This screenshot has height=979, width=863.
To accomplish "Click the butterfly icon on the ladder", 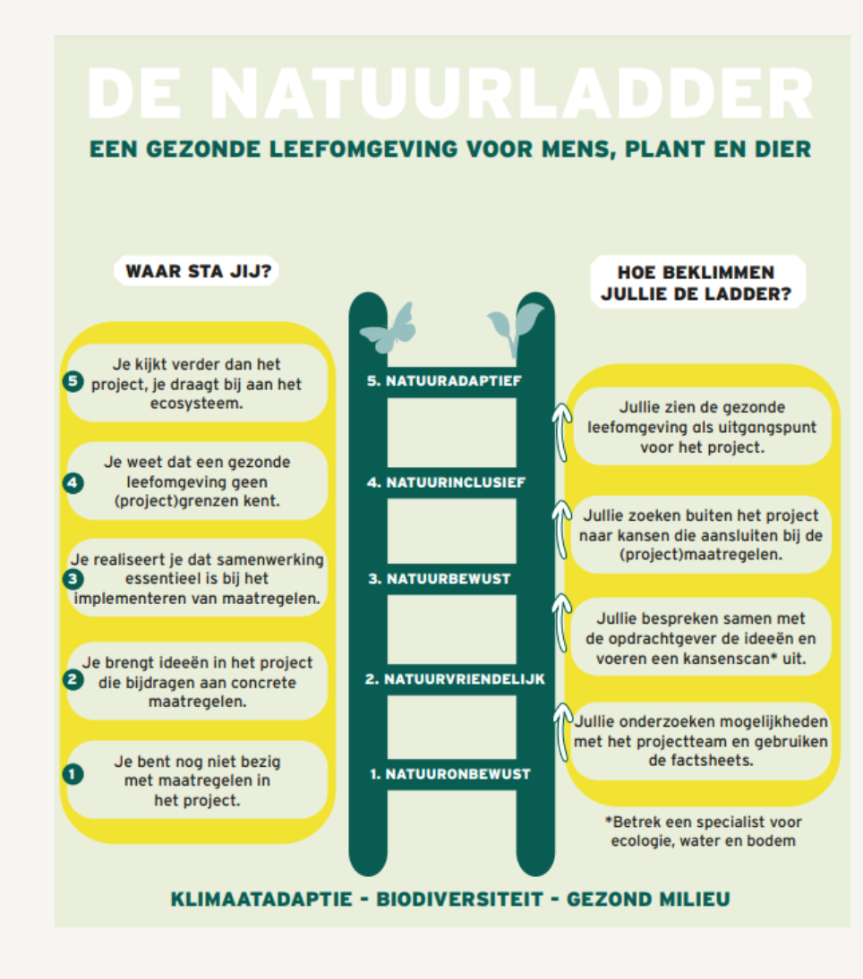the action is [389, 328].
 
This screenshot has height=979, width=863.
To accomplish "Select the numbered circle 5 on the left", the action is [73, 381].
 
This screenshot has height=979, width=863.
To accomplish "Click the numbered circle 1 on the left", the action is [73, 774].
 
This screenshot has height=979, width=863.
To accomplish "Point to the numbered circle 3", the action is [73, 579].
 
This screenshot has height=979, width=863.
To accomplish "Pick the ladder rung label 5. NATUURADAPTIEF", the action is [444, 381].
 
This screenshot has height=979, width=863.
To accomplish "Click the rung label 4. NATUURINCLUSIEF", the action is [446, 482].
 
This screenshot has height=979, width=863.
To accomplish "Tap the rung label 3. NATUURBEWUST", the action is [439, 579].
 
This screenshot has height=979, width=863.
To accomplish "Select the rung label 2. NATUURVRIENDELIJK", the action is [455, 678].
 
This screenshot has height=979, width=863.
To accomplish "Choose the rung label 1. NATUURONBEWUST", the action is [449, 774].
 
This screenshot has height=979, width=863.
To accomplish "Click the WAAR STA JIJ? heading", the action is [198, 272].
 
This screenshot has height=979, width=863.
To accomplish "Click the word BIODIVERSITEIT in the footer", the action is [459, 899].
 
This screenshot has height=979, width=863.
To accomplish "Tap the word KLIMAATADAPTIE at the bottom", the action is [261, 899].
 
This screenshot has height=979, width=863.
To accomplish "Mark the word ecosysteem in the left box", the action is [196, 404].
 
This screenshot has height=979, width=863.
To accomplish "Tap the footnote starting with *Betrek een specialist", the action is [703, 831].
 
